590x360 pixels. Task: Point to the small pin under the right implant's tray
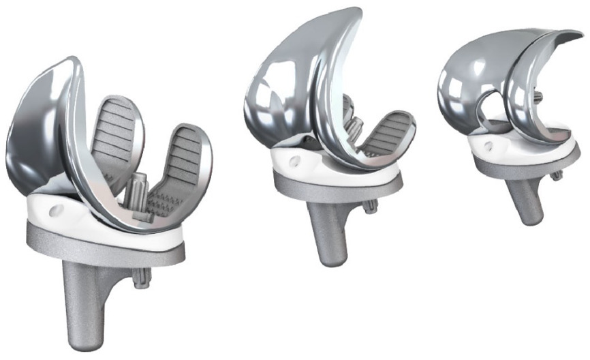coord(557,175)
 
